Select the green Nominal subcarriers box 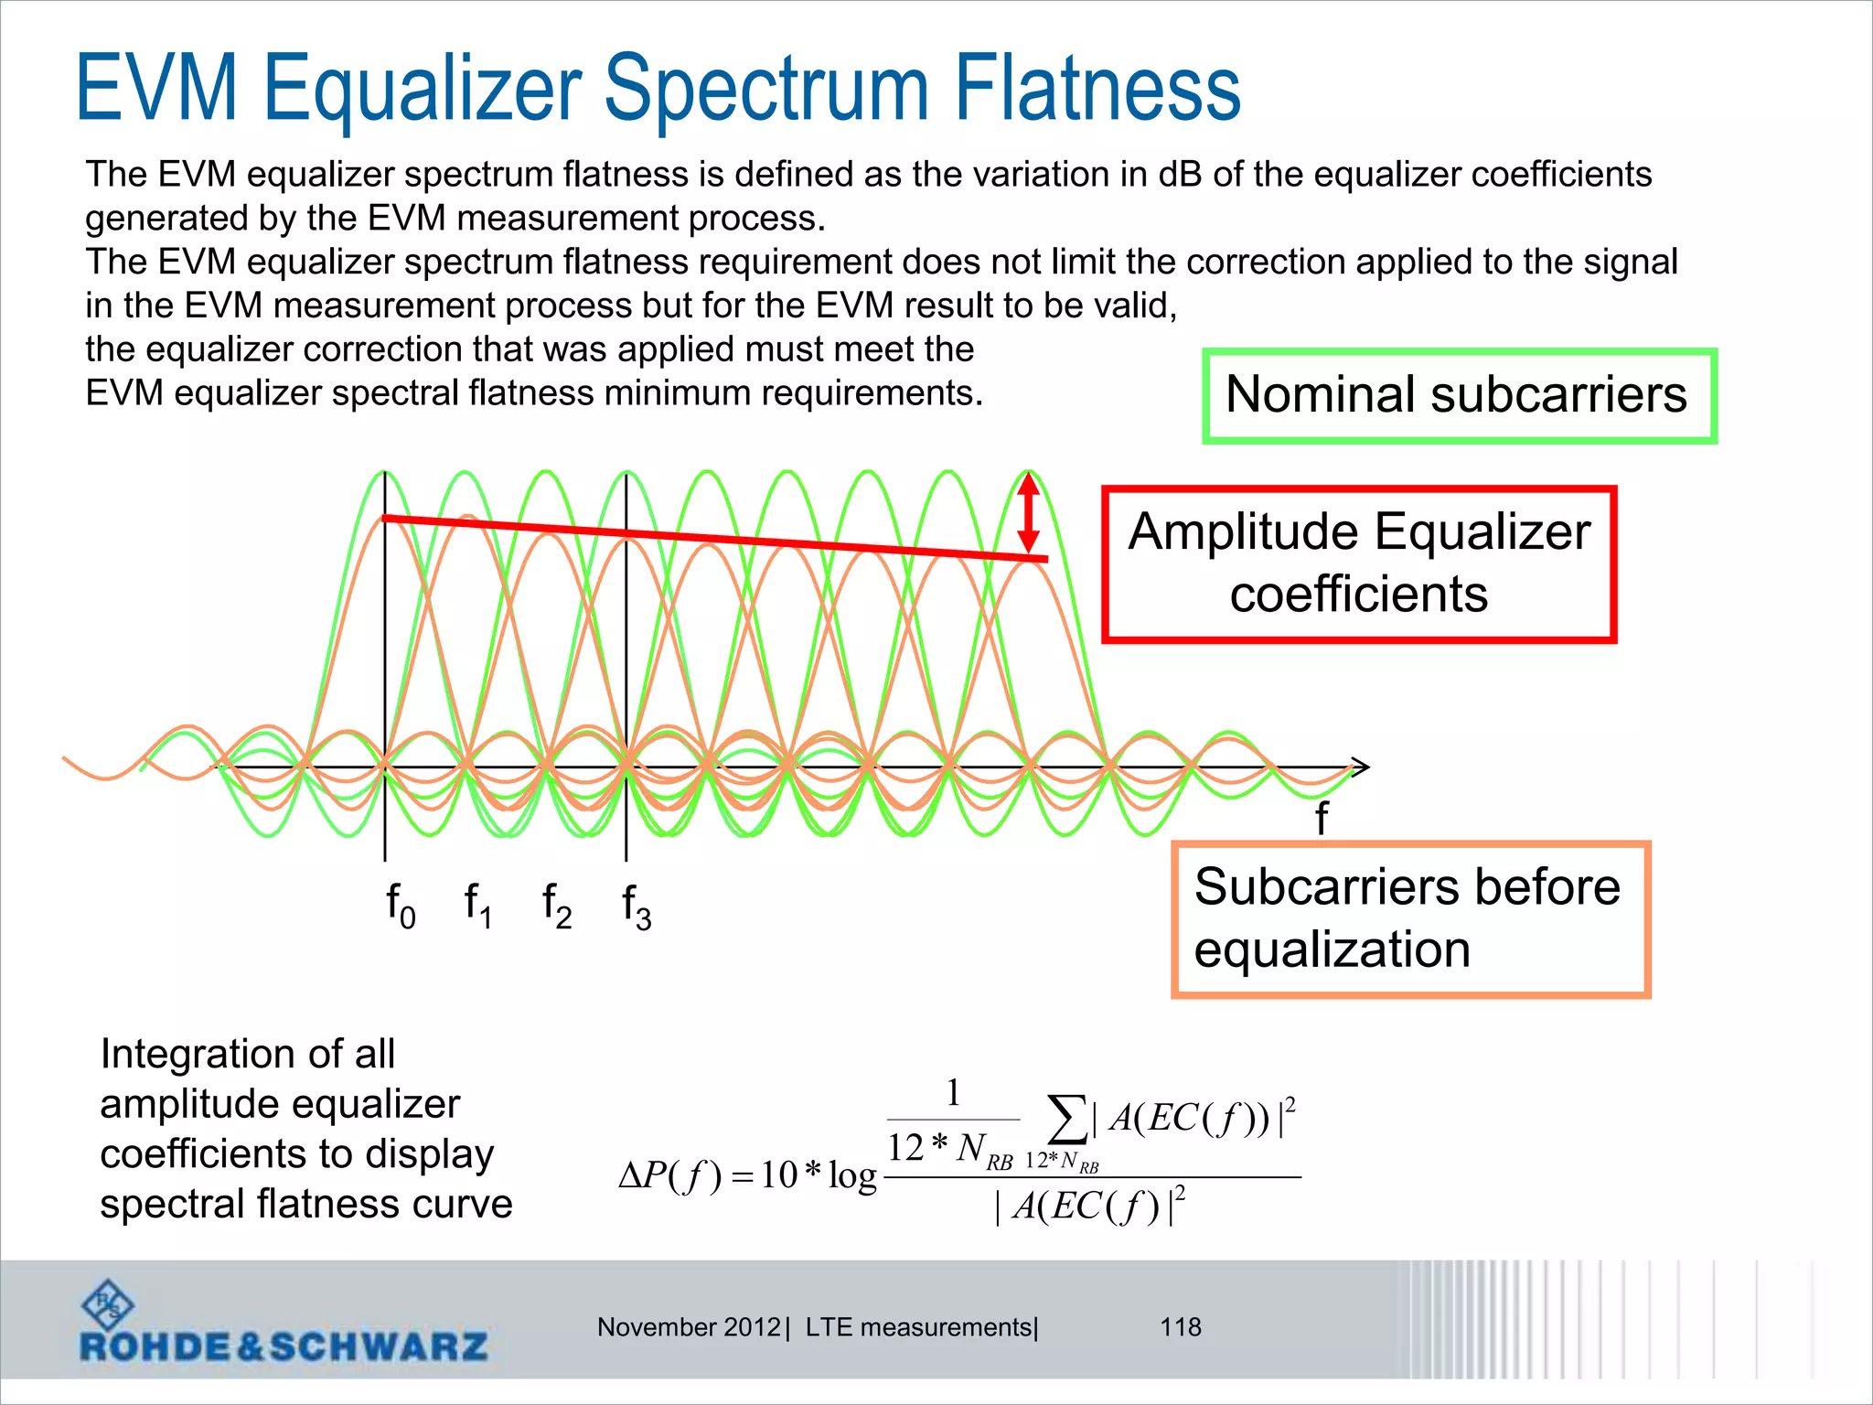pos(1459,395)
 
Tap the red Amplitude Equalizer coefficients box pos(1359,563)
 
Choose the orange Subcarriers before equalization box pos(1410,918)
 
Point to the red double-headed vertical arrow pos(1029,513)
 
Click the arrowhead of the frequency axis pos(1361,767)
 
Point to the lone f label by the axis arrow pos(1322,818)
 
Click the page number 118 pos(1181,1326)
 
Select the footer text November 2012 pos(689,1326)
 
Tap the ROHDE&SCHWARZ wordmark pos(284,1346)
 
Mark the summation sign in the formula pos(1065,1120)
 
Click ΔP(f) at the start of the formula pos(670,1175)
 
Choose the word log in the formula pos(852,1176)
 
